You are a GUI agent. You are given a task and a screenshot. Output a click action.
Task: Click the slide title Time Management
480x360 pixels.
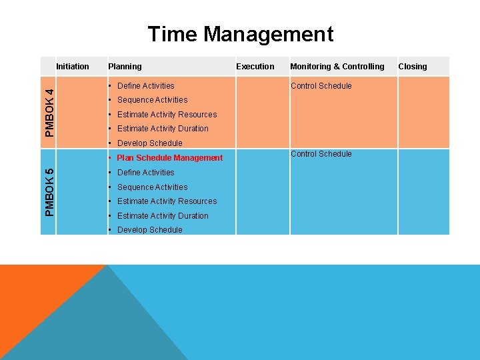pos(240,34)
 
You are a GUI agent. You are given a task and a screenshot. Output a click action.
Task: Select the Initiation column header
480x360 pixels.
pos(73,66)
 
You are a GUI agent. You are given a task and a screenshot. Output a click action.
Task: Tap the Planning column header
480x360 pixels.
pos(125,66)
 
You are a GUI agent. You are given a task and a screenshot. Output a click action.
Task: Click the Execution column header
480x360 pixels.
pos(255,66)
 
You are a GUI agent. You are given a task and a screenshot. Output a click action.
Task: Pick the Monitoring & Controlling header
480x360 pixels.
pos(337,66)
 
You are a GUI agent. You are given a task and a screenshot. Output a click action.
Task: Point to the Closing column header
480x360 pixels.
pos(413,66)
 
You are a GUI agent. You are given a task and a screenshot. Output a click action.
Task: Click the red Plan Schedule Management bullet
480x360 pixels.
pos(169,158)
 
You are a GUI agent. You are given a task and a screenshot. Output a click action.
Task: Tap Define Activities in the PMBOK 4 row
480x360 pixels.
pos(145,85)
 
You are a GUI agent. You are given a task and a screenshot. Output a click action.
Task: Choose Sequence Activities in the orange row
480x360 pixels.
pos(152,100)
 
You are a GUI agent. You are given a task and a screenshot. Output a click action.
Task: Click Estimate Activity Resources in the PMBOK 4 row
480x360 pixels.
pos(167,115)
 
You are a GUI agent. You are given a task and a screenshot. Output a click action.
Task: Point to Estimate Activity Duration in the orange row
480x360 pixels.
pos(163,129)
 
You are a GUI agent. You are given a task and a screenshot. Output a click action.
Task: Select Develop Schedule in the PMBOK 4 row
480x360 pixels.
pos(149,143)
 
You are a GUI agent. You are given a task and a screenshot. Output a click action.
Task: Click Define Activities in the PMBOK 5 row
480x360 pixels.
pos(145,173)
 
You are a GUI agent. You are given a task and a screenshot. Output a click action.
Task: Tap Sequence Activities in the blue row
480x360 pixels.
pos(152,187)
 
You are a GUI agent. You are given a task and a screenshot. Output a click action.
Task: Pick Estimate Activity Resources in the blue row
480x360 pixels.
pos(167,201)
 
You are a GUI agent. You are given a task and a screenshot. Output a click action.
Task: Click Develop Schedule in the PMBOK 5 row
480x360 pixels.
pos(149,230)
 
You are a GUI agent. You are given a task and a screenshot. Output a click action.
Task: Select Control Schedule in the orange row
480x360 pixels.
pos(321,85)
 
